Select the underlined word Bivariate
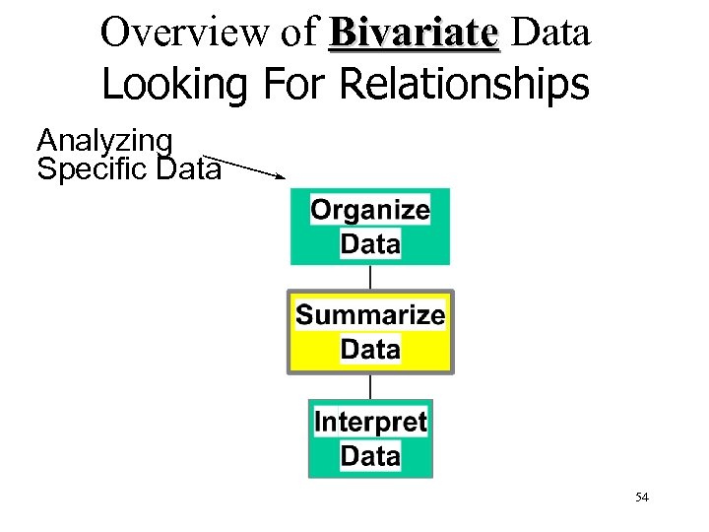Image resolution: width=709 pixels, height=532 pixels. (415, 33)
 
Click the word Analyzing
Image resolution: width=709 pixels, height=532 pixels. (104, 142)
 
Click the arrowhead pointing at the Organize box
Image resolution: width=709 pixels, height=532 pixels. (281, 177)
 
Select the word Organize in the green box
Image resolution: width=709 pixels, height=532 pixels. (370, 209)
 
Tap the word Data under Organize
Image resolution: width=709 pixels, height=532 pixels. (370, 242)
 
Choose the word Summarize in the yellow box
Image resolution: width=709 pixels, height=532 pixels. (370, 315)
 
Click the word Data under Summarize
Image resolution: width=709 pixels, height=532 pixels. (370, 349)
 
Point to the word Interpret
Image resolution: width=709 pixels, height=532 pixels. (370, 422)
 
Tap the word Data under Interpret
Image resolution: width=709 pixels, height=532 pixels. (370, 455)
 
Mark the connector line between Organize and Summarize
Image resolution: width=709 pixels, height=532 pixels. (370, 277)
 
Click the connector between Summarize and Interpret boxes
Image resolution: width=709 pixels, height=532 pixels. (370, 385)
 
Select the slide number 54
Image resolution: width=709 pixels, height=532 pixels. (642, 498)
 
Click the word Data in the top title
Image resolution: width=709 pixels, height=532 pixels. (551, 33)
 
